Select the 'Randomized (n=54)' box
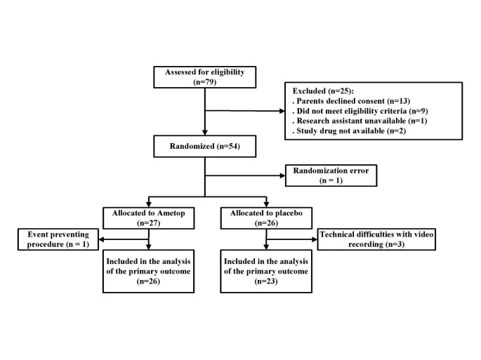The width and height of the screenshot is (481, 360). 204,146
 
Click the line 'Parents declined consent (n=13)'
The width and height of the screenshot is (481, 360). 343,102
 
